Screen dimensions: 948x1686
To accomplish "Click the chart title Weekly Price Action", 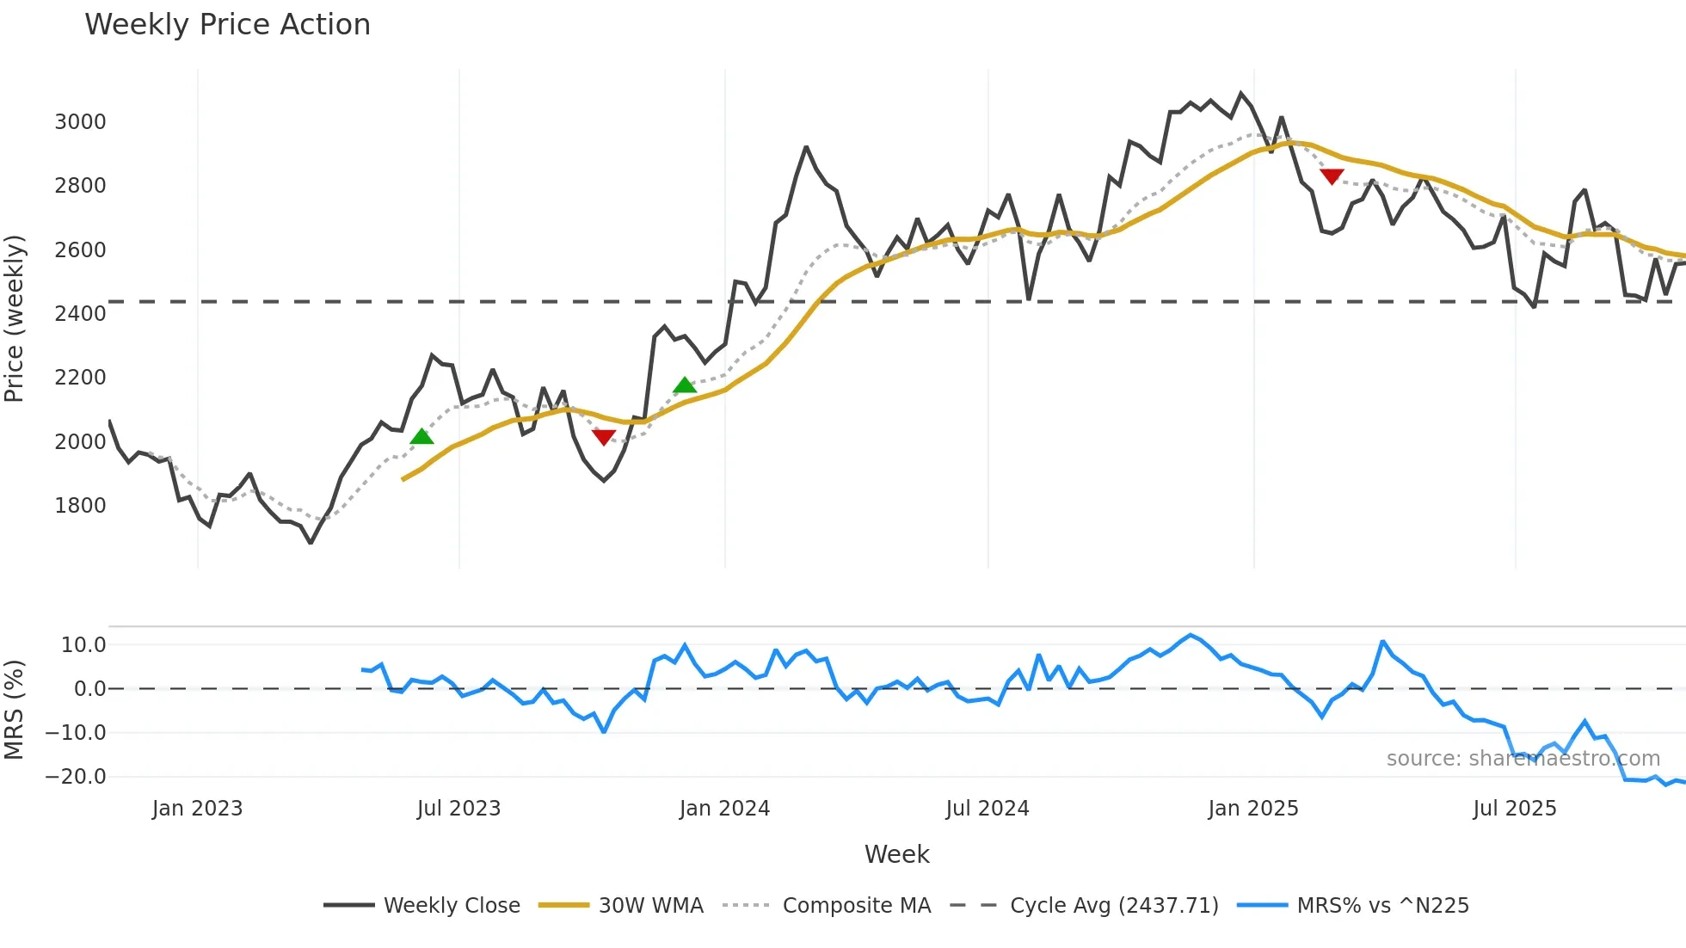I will (x=227, y=25).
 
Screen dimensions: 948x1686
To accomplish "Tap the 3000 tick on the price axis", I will (x=80, y=122).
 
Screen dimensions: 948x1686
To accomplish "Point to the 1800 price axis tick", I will (x=80, y=506).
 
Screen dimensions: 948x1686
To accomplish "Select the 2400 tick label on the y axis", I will (x=80, y=314).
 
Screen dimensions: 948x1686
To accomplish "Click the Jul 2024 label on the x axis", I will (x=987, y=809).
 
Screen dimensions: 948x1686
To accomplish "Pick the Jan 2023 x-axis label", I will (x=197, y=809).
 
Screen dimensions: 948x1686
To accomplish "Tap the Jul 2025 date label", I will (x=1514, y=809).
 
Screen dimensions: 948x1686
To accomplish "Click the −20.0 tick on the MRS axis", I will (x=76, y=777).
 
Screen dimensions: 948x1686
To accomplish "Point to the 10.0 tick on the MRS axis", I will (x=83, y=645).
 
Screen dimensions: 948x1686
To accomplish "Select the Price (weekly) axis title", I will (x=15, y=318).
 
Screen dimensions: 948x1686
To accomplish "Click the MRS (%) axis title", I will (x=15, y=710).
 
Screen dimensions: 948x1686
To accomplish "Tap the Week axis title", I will (x=896, y=854).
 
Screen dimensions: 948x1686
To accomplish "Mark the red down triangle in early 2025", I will (x=1332, y=176).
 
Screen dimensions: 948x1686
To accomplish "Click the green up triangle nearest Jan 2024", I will (x=685, y=385).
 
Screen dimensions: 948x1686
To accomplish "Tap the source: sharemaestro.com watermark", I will (x=1523, y=759).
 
